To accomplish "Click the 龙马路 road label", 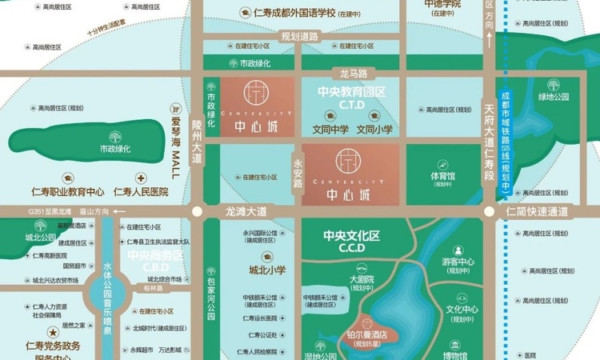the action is [353, 73].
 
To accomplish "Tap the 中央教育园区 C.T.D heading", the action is [352, 97].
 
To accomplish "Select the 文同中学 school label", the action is [330, 128].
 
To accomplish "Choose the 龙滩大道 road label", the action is [242, 211].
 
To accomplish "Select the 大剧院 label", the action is [362, 280].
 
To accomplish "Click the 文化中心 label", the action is [462, 310].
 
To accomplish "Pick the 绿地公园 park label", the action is [554, 97].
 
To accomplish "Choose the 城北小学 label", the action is [266, 269].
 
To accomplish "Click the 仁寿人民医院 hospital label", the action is [142, 192].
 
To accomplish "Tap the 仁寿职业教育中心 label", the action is [68, 192].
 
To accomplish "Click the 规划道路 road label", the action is [299, 36].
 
